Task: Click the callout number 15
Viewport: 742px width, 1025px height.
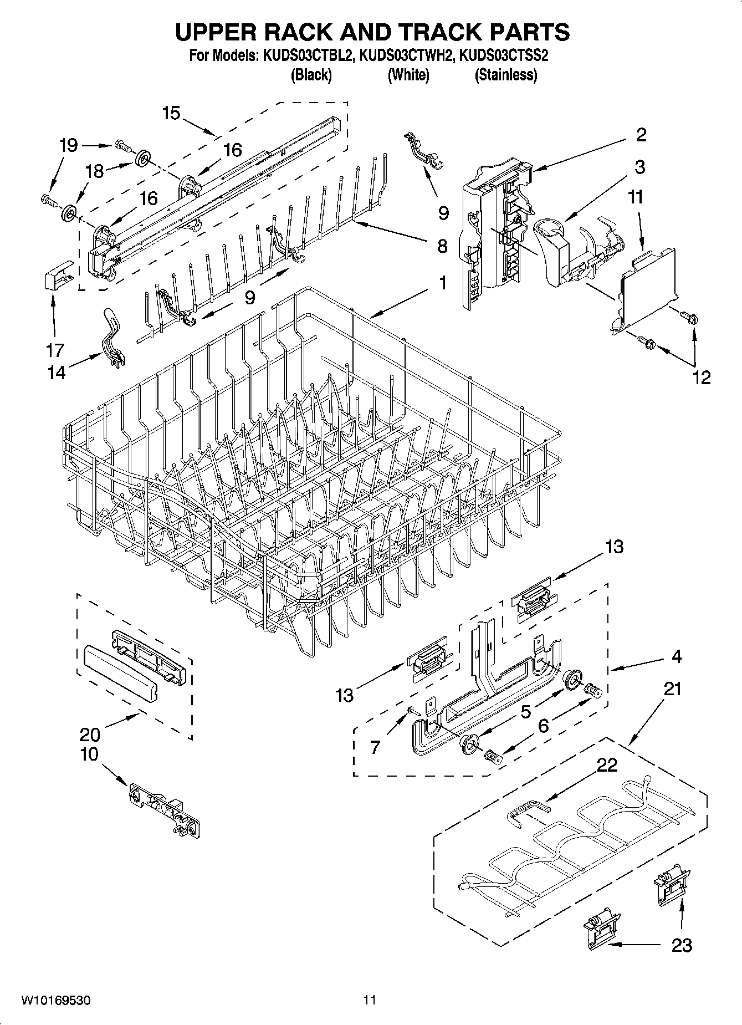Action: tap(171, 113)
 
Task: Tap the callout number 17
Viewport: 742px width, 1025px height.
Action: tap(55, 350)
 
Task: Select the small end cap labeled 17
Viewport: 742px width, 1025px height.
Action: tap(57, 276)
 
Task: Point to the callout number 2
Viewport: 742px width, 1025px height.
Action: tap(641, 135)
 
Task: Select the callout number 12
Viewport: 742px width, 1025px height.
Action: tap(701, 378)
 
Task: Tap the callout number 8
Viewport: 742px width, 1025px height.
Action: tap(442, 246)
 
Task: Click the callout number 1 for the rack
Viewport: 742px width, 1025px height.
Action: tap(442, 283)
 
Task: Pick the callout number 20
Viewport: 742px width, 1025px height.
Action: tap(90, 735)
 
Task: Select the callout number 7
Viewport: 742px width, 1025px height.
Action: tap(375, 747)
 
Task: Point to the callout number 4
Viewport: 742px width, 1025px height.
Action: tap(676, 656)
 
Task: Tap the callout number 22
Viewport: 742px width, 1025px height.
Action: tap(607, 765)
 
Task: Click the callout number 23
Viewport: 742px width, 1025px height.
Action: tap(681, 945)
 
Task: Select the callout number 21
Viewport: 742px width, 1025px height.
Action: tap(672, 689)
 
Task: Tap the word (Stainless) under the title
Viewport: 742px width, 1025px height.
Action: tap(505, 75)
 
